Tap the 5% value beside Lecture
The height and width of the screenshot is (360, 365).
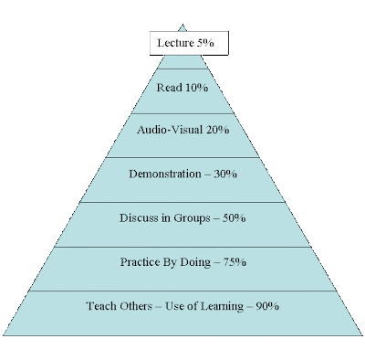click(x=205, y=43)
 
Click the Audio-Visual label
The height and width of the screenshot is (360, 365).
click(x=170, y=130)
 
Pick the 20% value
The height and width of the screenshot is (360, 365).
click(x=217, y=130)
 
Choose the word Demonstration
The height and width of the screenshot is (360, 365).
click(x=165, y=175)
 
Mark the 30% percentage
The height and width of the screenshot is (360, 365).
click(x=225, y=175)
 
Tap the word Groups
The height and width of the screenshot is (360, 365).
click(x=192, y=218)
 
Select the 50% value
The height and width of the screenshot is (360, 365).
click(x=234, y=218)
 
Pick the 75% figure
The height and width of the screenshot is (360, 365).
click(x=235, y=262)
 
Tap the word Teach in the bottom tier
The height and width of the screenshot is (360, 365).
click(x=101, y=306)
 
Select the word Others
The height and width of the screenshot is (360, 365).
click(x=136, y=306)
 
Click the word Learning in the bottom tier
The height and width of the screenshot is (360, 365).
click(x=222, y=306)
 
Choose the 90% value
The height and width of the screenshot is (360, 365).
click(x=267, y=306)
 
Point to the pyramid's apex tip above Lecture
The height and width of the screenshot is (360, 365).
click(x=182, y=25)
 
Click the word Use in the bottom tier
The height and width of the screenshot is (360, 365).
click(x=174, y=306)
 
